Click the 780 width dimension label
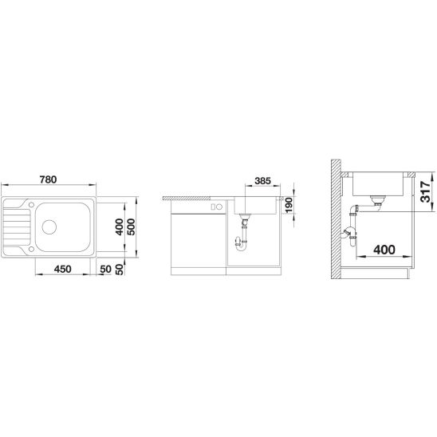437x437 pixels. (48, 179)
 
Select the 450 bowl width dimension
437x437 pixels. (63, 270)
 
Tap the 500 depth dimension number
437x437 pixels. (132, 226)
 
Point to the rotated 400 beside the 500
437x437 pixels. (120, 226)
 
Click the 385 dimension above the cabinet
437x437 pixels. (262, 181)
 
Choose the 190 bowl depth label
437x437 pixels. (289, 205)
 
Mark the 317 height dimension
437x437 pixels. (426, 191)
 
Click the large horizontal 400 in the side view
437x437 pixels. (384, 250)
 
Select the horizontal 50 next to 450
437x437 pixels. (105, 270)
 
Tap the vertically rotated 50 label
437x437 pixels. (120, 270)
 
